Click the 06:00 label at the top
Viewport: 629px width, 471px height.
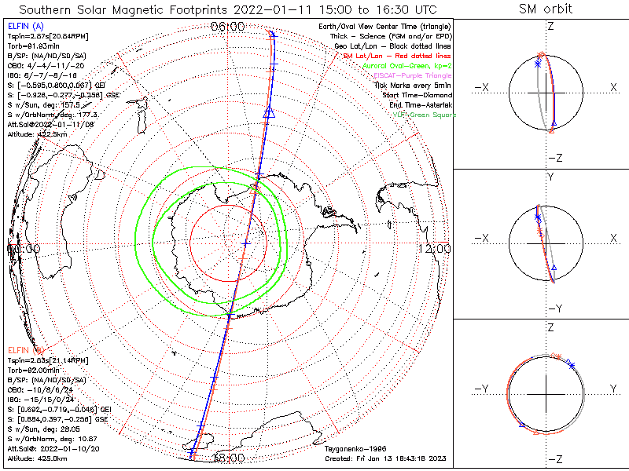[227, 27]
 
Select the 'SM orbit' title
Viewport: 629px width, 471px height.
[546, 9]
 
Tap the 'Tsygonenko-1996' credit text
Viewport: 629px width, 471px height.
[351, 448]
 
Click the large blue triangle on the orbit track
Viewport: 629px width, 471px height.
[268, 114]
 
